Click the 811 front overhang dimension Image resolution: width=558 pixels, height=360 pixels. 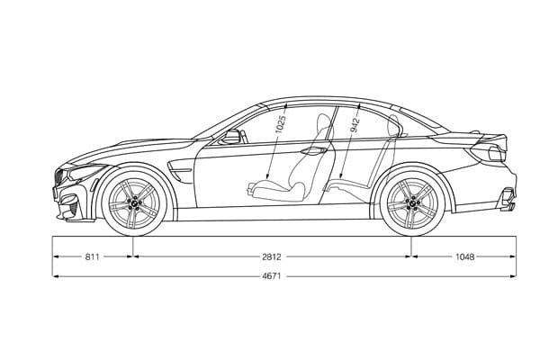point(92,256)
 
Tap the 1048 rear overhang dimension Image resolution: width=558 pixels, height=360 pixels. point(464,256)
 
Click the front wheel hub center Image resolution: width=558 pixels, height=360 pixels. point(133,204)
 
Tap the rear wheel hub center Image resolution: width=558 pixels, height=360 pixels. point(412,204)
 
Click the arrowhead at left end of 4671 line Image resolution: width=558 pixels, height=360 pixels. point(56,276)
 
